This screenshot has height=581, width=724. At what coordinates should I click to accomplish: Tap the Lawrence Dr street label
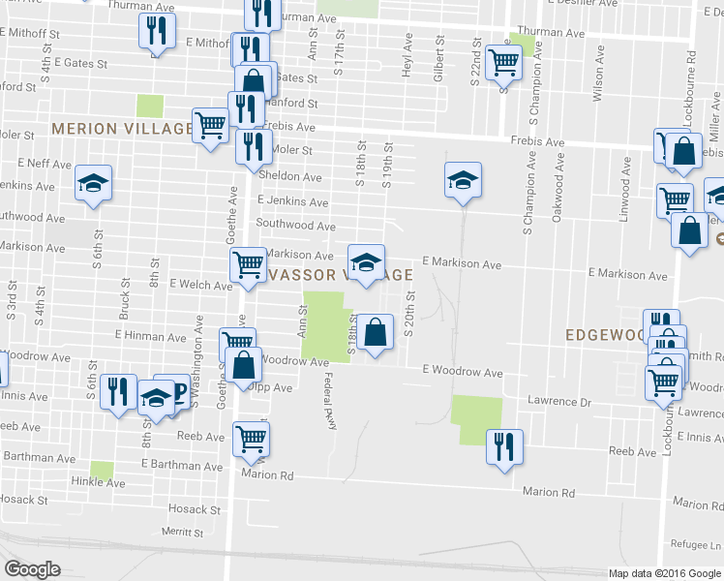tap(558, 401)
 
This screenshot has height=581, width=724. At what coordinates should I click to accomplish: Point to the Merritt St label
tap(184, 532)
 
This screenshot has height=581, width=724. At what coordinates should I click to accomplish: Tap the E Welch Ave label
tap(200, 285)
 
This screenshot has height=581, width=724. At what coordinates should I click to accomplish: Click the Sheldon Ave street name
tap(289, 177)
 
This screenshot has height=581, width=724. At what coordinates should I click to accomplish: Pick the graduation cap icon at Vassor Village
tap(366, 261)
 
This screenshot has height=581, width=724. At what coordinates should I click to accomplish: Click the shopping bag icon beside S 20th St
tap(375, 331)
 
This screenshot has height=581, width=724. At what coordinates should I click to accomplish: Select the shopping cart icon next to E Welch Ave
tap(248, 263)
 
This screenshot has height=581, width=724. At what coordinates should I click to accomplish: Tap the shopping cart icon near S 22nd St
tap(503, 61)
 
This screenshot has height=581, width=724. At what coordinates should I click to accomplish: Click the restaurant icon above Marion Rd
tap(503, 446)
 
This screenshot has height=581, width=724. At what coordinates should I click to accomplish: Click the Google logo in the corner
tap(32, 569)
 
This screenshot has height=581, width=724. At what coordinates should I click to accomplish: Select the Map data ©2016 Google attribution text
tap(664, 572)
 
